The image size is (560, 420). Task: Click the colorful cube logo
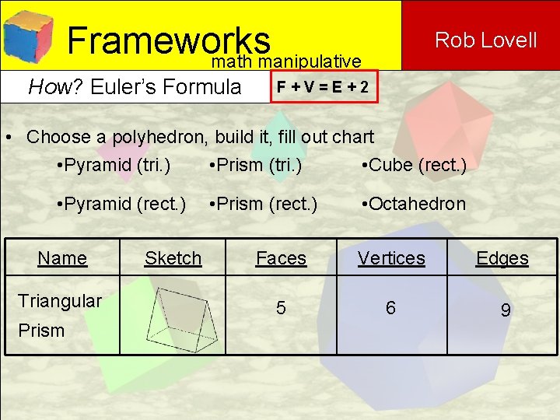28,35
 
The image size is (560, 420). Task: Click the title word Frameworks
168,40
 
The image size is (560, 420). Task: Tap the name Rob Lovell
485,40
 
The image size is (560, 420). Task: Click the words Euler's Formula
166,86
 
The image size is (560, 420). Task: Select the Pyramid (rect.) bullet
121,204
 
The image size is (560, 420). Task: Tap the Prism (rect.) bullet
263,204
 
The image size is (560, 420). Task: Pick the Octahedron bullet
414,204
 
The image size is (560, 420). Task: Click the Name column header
62,258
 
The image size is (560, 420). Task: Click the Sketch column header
173,258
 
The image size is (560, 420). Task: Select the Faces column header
281,258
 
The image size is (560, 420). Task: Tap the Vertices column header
391,258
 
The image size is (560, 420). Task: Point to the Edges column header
502,258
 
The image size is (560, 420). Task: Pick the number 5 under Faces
281,309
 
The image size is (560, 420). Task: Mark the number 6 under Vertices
390,309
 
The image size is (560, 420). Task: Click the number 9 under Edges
506,311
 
